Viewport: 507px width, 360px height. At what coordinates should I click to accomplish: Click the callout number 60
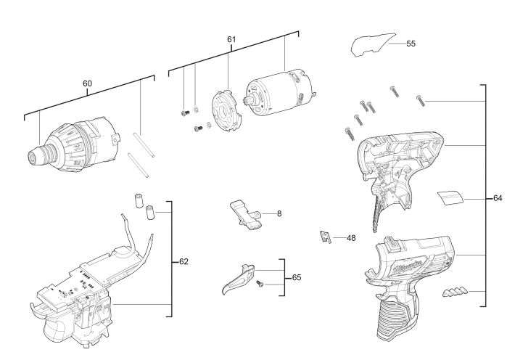coord(87,83)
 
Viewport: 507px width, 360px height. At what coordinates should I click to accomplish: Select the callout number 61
coord(231,39)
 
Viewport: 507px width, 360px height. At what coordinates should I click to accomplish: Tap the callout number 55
coord(411,44)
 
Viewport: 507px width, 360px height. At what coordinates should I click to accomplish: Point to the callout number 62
coord(184,261)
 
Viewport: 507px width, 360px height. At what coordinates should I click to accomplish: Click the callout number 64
coord(498,198)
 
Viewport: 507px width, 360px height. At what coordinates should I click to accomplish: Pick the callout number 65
coord(297,277)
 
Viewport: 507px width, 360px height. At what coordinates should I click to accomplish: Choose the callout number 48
coord(351,238)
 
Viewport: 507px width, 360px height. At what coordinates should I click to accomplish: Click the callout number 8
coord(279,213)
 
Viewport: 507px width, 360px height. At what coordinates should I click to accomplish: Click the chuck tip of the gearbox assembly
coord(33,157)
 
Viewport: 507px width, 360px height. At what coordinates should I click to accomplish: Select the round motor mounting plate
coord(226,111)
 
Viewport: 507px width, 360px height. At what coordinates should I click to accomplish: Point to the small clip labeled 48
coord(326,237)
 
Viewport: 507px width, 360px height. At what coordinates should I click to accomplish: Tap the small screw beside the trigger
coord(260,284)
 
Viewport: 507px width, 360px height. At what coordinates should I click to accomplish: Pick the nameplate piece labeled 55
coord(373,44)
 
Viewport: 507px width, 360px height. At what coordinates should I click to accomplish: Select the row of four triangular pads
coord(455,292)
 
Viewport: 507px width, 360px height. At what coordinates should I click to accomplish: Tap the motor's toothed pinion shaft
coord(250,101)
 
